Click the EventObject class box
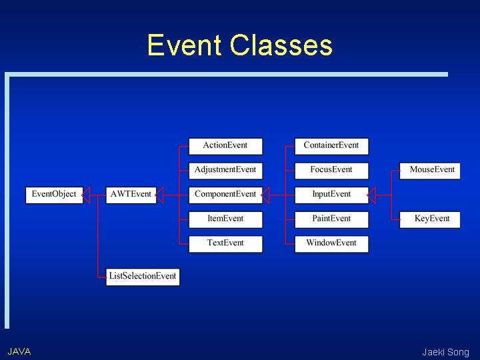pyautogui.click(x=54, y=195)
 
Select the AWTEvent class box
pyautogui.click(x=131, y=195)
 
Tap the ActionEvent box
pyautogui.click(x=225, y=146)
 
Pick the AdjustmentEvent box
pyautogui.click(x=225, y=170)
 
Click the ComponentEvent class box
pyautogui.click(x=225, y=195)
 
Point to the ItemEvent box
pyautogui.click(x=225, y=219)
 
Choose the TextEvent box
pyautogui.click(x=225, y=243)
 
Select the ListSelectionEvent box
pyautogui.click(x=143, y=277)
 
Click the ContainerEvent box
pyautogui.click(x=331, y=146)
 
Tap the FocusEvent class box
pyautogui.click(x=331, y=170)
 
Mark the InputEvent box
pyautogui.click(x=331, y=195)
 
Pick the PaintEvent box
pyautogui.click(x=331, y=219)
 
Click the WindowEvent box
pyautogui.click(x=331, y=243)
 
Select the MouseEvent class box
pyautogui.click(x=430, y=170)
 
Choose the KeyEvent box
pyautogui.click(x=430, y=219)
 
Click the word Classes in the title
pyautogui.click(x=280, y=45)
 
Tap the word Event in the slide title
pyautogui.click(x=185, y=45)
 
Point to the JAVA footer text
pyautogui.click(x=19, y=351)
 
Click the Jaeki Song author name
pyautogui.click(x=445, y=352)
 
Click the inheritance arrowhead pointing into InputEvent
pyautogui.click(x=372, y=195)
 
